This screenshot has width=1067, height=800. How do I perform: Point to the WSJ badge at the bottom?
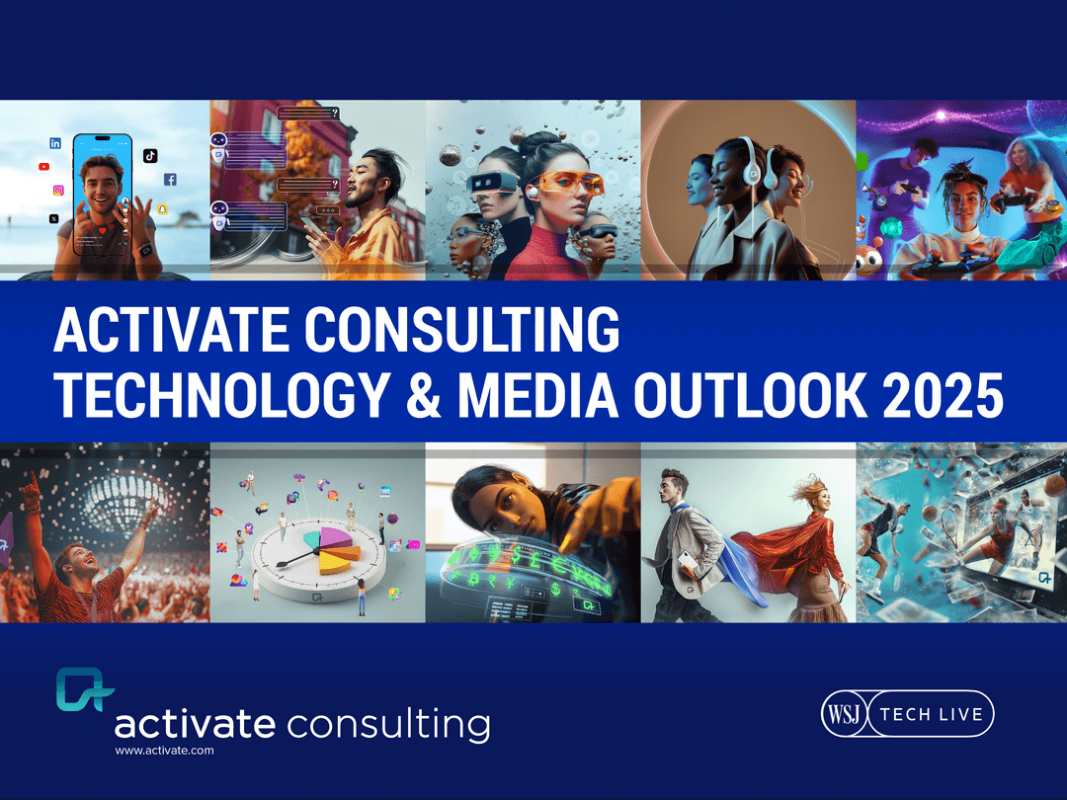click(844, 714)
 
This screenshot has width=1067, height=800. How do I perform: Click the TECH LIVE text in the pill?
click(931, 714)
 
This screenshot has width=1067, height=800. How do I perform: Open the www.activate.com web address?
click(164, 752)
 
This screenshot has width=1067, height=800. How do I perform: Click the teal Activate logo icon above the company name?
click(84, 689)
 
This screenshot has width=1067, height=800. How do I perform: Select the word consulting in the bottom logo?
click(388, 724)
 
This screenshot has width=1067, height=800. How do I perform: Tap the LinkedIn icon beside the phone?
click(55, 143)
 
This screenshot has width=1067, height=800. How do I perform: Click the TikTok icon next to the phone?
click(150, 155)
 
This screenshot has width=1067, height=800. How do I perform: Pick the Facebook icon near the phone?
click(170, 180)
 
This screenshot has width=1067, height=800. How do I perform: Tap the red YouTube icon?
click(44, 167)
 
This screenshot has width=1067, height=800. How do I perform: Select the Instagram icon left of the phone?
click(58, 191)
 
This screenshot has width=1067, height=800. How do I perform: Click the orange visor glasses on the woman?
click(567, 183)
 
